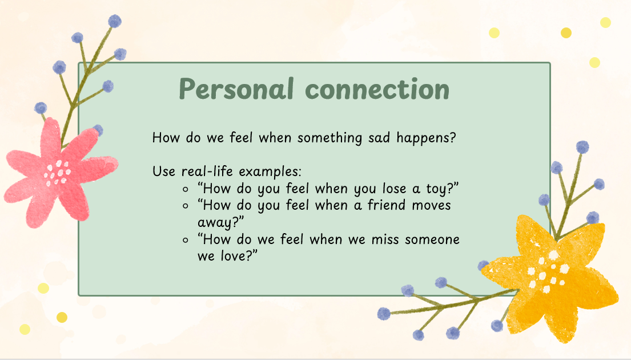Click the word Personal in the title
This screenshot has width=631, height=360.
[x=236, y=89]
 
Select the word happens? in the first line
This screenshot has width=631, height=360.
[x=426, y=138]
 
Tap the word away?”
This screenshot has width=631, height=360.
[x=220, y=223]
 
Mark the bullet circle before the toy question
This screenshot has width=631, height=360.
[x=186, y=189]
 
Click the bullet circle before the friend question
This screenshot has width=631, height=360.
[x=186, y=206]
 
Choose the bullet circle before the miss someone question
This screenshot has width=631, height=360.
[x=186, y=241]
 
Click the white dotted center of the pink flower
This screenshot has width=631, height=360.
[x=58, y=173]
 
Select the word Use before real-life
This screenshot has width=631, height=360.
[x=164, y=171]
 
